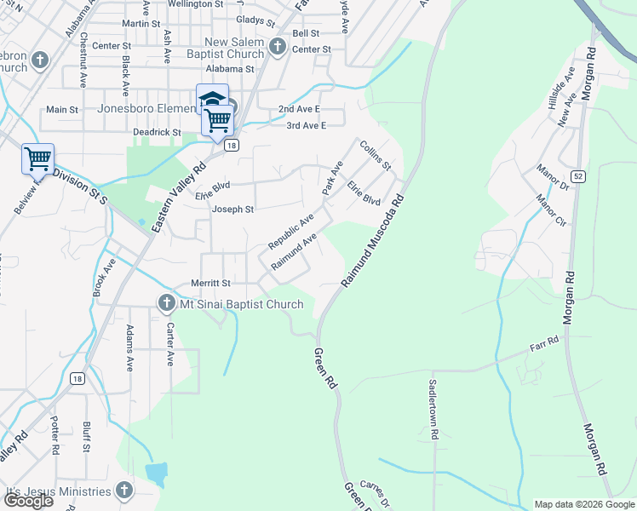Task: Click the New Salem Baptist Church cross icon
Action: pos(277,47)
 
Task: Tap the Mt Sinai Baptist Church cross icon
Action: pos(166,303)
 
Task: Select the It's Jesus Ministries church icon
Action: pos(124,491)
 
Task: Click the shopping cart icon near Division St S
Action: pos(37,158)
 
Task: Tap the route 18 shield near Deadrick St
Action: pos(231,146)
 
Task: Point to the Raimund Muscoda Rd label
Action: pos(373,243)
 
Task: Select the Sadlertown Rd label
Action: pos(433,409)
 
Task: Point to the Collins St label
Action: pos(375,154)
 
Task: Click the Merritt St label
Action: pos(209,283)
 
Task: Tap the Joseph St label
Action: pos(232,209)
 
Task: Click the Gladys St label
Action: pos(255,20)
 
